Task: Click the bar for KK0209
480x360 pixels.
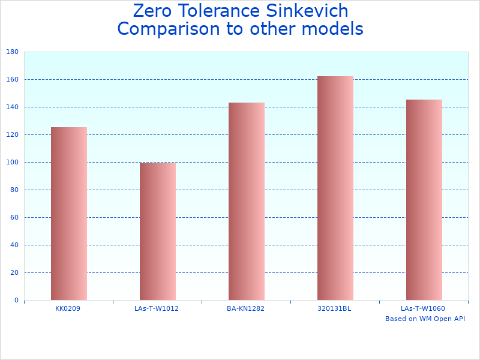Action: pyautogui.click(x=68, y=214)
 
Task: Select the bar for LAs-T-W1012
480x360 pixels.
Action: pyautogui.click(x=157, y=232)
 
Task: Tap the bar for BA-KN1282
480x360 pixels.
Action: pyautogui.click(x=246, y=201)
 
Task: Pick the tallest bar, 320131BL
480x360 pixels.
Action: pyautogui.click(x=335, y=188)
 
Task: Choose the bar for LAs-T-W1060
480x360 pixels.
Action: pyautogui.click(x=424, y=200)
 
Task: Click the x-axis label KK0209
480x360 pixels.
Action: pyautogui.click(x=68, y=308)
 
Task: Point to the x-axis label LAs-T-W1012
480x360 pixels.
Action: pyautogui.click(x=157, y=308)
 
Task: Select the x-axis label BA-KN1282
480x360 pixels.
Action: pyautogui.click(x=245, y=308)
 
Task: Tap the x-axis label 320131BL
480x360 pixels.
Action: pyautogui.click(x=334, y=308)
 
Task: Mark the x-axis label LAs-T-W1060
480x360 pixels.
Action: pyautogui.click(x=423, y=308)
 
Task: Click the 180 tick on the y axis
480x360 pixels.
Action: pyautogui.click(x=11, y=52)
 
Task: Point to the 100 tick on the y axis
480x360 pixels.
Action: pyautogui.click(x=11, y=163)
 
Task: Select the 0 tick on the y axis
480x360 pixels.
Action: pyautogui.click(x=16, y=301)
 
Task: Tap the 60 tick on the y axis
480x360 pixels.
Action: pyautogui.click(x=13, y=218)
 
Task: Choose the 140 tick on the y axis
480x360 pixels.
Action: pyautogui.click(x=11, y=107)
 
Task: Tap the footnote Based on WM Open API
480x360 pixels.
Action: pyautogui.click(x=425, y=319)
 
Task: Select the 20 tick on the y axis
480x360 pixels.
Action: pyautogui.click(x=13, y=273)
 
